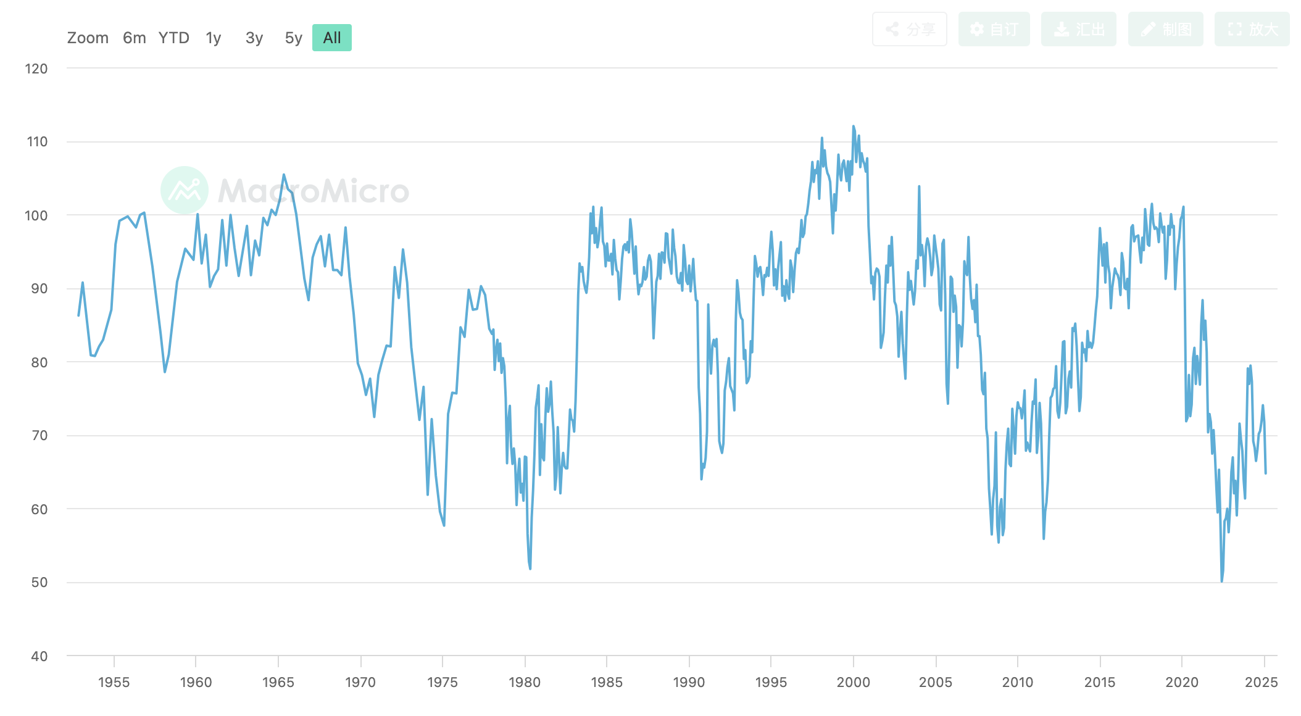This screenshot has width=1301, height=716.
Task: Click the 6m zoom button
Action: point(134,38)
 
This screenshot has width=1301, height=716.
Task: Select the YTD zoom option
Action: point(173,38)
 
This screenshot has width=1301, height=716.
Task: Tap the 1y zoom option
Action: point(214,38)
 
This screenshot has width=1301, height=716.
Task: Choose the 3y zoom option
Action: point(254,38)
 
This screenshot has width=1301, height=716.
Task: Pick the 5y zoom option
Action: point(293,38)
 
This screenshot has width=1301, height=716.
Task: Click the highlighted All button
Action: point(332,38)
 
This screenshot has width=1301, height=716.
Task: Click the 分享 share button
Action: point(909,29)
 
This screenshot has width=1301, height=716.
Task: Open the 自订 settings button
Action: point(994,29)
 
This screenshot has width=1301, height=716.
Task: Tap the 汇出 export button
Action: point(1078,29)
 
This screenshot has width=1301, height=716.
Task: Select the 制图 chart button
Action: point(1165,29)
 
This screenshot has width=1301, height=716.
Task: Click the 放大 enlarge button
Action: point(1252,29)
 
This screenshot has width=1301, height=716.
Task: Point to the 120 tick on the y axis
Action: point(36,69)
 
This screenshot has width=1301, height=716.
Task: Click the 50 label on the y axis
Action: point(39,583)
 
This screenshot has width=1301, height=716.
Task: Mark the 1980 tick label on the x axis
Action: point(525,682)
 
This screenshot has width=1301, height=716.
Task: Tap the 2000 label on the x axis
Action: point(854,682)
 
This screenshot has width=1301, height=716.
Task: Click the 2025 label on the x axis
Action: point(1261,682)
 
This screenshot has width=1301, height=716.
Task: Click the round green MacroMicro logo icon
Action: point(184,190)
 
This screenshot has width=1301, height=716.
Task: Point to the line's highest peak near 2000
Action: point(854,127)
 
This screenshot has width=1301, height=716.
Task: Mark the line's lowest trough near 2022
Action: point(1221,580)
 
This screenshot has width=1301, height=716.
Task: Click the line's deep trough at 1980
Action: point(530,568)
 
